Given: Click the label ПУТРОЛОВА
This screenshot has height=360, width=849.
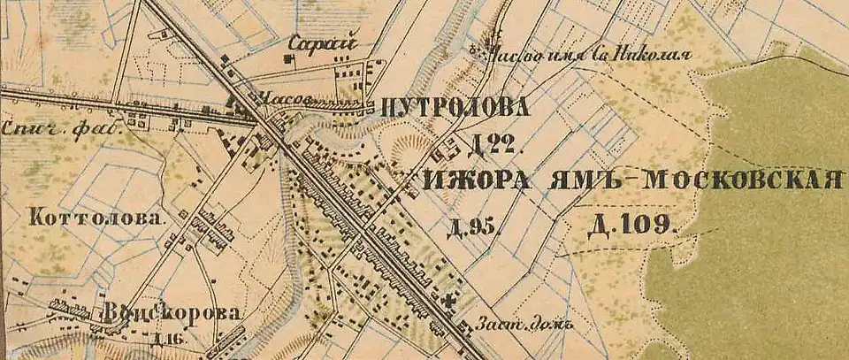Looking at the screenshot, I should [456, 108].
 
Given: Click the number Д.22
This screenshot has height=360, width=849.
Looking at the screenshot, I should [485, 145].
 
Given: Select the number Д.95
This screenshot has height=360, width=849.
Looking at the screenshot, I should [475, 228].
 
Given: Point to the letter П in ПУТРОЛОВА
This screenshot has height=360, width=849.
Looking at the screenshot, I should [391, 108].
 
